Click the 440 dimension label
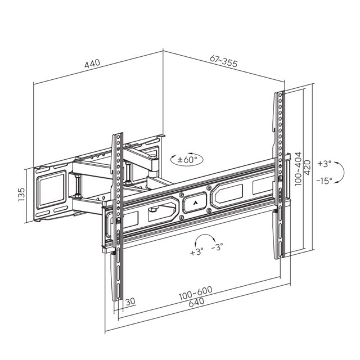(x=92, y=64)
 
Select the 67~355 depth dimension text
(x=223, y=62)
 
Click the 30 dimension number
(x=130, y=302)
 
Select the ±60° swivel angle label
(x=189, y=160)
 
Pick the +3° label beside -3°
(x=196, y=251)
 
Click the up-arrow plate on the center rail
(x=195, y=202)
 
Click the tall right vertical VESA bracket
(x=279, y=174)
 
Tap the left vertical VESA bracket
(x=118, y=219)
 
